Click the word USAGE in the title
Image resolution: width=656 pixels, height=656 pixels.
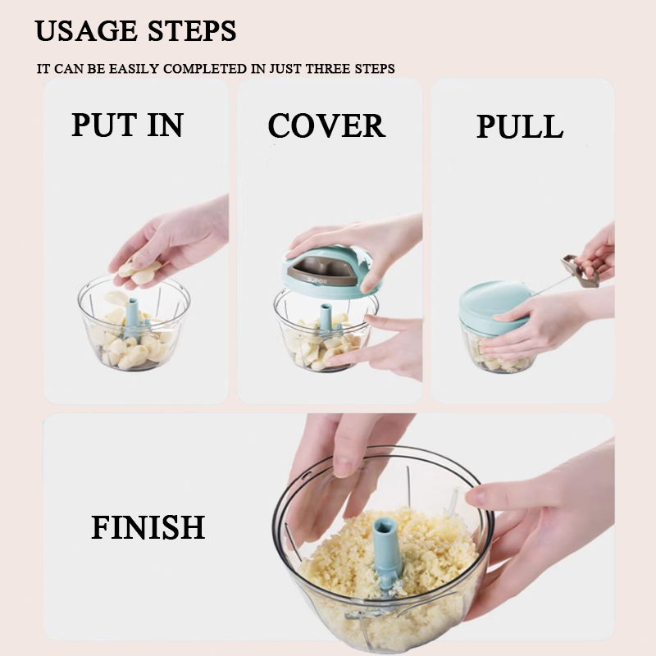point(86,30)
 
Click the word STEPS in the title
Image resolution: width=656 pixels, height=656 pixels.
point(192,30)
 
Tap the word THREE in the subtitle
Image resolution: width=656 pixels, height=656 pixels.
point(328,69)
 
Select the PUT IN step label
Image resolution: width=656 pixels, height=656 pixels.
point(128,125)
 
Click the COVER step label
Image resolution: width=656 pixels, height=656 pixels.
point(326,125)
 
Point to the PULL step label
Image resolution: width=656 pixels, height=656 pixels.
point(520,126)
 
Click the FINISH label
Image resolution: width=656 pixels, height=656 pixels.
point(148,527)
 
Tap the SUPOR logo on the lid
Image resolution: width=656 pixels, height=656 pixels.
point(317,281)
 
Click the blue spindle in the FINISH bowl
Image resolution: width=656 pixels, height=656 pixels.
point(387,548)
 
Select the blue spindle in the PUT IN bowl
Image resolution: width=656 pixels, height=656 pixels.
point(133,317)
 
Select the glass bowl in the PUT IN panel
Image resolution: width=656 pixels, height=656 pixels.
point(134,323)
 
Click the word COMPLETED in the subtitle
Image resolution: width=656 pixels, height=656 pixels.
point(205,69)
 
